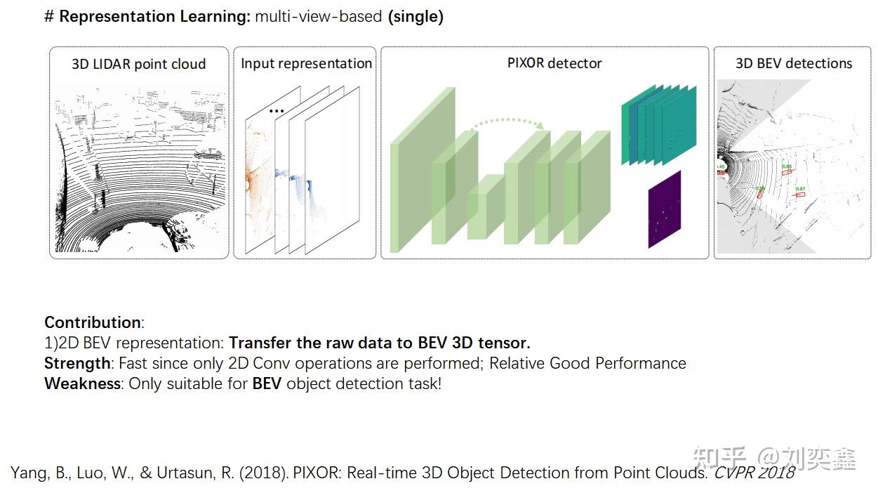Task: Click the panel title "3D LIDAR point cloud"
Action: click(x=139, y=64)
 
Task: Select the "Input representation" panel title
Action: click(x=306, y=63)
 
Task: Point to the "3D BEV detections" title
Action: click(x=793, y=63)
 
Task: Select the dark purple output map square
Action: click(x=665, y=209)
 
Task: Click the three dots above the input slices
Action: click(x=277, y=111)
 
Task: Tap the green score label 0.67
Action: click(x=799, y=189)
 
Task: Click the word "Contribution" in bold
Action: click(x=92, y=322)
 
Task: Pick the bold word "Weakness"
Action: click(x=82, y=383)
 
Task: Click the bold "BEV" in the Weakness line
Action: click(x=267, y=383)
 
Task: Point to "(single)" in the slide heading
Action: click(x=415, y=17)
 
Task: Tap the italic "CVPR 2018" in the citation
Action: click(x=754, y=473)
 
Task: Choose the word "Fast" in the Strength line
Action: click(x=133, y=363)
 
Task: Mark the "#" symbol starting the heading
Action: click(x=48, y=17)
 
